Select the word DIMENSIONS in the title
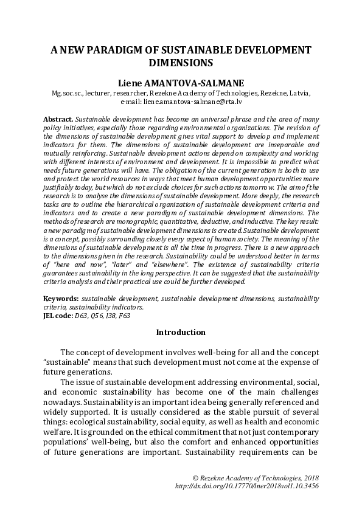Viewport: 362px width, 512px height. tap(181, 62)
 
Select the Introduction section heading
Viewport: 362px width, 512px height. tap(181, 333)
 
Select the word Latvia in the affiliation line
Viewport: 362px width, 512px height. tap(298, 94)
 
